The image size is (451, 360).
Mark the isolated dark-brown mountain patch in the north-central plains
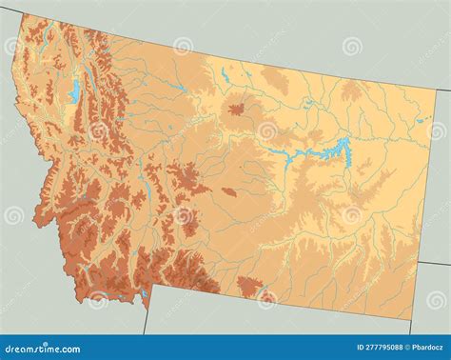(x=235, y=111)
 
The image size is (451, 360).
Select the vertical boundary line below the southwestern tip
(x=145, y=322)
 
